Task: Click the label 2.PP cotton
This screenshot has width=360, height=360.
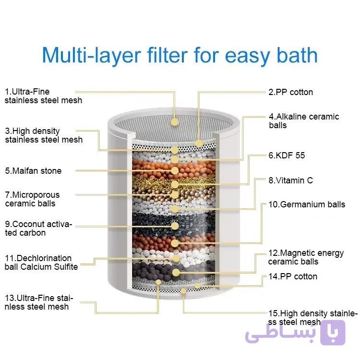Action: coord(291,92)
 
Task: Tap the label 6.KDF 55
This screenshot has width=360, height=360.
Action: coord(287,156)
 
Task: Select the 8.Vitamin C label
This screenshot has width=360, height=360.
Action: coord(291,180)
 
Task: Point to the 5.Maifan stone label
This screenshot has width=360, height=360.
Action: coord(33,171)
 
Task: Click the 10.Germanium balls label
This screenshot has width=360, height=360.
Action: coord(307,204)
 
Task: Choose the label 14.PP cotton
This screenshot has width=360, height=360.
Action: coord(293,276)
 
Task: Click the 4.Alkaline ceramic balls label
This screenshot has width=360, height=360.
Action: coord(304,121)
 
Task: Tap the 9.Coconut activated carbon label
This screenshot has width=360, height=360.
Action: coord(38,228)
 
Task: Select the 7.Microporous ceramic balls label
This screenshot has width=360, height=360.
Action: coord(32,199)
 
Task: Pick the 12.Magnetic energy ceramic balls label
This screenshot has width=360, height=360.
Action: coord(306,257)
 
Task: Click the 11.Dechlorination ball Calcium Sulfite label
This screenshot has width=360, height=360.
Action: coord(41,263)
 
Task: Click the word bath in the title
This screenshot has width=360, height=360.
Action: coord(297,55)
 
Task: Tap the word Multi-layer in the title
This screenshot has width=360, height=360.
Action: coord(91,56)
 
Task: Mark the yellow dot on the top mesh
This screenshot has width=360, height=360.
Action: coord(175,121)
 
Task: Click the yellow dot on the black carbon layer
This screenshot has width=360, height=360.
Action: coord(175,226)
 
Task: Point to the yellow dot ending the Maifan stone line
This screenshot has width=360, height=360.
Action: coord(175,170)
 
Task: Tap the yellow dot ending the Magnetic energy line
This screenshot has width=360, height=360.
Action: coord(176,273)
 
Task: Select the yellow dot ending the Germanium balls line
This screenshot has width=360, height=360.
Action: coord(175,243)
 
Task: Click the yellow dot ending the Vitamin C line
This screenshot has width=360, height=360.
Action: coord(175,209)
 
